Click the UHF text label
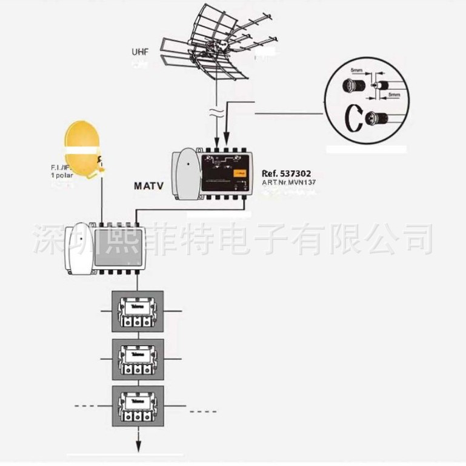click(x=140, y=52)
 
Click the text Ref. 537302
click(x=288, y=173)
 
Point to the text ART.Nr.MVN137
click(x=289, y=182)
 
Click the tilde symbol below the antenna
click(x=218, y=111)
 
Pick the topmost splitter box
click(x=138, y=311)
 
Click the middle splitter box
click(x=138, y=359)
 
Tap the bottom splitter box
click(x=138, y=406)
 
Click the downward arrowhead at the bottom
click(x=138, y=447)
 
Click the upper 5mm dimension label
click(x=357, y=72)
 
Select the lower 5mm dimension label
click(x=394, y=95)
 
